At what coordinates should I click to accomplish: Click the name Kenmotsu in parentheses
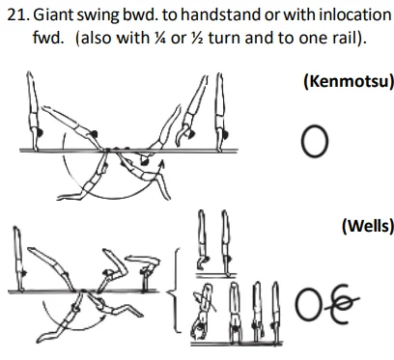coord(348,82)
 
